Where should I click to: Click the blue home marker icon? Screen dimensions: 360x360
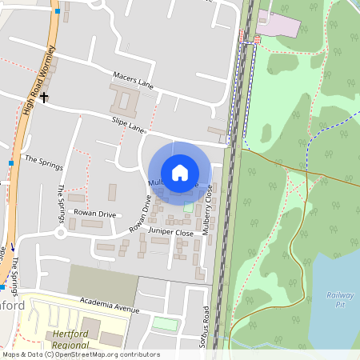click(180, 173)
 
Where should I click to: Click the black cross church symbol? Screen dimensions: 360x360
click(44, 98)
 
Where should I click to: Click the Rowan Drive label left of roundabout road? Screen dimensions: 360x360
click(95, 214)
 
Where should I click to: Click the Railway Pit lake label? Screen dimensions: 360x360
click(339, 299)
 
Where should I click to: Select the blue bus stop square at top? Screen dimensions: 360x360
click(57, 12)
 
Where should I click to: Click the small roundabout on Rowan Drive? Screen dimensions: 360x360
click(60, 233)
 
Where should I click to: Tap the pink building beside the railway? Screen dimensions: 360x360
click(278, 24)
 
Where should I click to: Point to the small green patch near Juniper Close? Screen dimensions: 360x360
click(188, 207)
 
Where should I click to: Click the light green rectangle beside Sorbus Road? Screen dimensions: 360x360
click(166, 323)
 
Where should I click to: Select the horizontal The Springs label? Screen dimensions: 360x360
click(43, 159)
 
